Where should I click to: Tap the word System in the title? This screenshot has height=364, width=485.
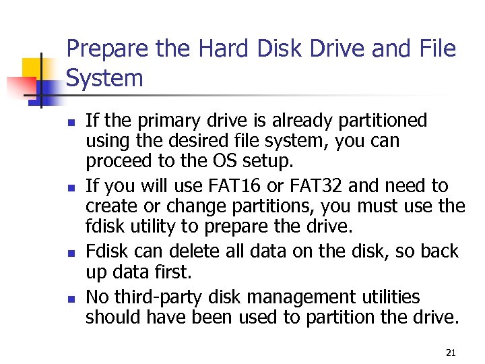click(x=105, y=78)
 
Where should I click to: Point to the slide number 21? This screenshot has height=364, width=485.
click(x=451, y=352)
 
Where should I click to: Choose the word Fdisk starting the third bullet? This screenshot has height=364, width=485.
click(x=104, y=251)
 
